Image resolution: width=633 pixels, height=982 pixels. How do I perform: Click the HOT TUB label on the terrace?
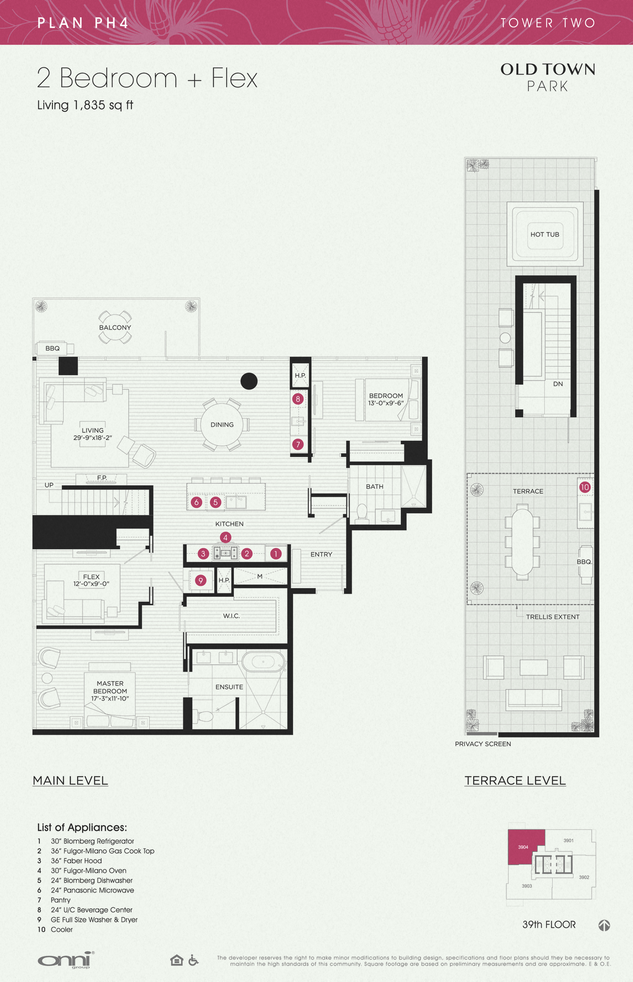(545, 234)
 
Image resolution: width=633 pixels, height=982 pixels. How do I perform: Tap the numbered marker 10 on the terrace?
(585, 487)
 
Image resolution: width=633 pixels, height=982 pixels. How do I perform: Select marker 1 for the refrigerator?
(276, 554)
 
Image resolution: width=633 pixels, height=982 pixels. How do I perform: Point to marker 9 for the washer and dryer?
(201, 581)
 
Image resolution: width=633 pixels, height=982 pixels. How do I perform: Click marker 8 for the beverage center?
(298, 399)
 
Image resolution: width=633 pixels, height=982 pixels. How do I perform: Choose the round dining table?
(222, 424)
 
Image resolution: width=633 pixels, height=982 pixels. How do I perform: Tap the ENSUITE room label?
(229, 687)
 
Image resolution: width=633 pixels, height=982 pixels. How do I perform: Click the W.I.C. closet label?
(231, 616)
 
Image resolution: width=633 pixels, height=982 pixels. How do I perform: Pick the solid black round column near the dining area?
(249, 381)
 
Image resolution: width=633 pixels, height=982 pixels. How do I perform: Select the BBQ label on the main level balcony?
(53, 349)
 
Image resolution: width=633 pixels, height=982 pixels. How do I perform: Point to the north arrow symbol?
(604, 925)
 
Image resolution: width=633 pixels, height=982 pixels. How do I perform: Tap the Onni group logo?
(66, 960)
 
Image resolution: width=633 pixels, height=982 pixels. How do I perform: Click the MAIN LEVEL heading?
(70, 780)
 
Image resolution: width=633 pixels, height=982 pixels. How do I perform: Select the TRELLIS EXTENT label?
(553, 617)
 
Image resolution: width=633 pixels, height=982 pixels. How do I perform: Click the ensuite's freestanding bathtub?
(263, 662)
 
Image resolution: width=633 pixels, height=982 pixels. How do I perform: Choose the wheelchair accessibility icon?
(193, 960)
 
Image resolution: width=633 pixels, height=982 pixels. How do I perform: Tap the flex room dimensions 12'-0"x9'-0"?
(91, 584)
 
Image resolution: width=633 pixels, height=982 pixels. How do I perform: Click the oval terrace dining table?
(522, 542)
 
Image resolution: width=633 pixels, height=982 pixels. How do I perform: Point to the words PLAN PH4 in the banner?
(83, 23)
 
